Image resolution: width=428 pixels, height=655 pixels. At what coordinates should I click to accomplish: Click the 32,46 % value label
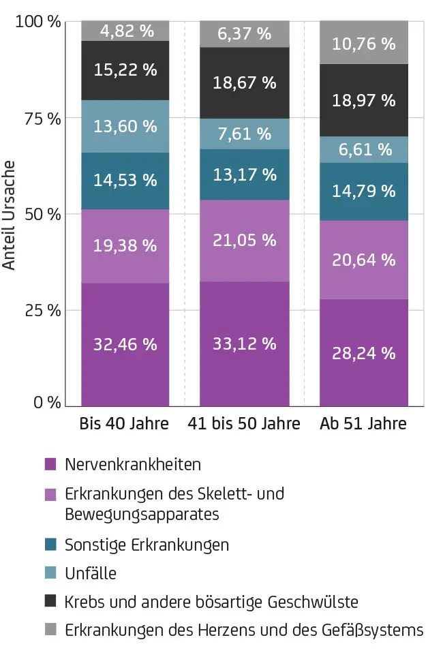[x=125, y=344]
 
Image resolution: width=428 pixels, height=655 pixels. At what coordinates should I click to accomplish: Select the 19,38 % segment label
[x=125, y=245]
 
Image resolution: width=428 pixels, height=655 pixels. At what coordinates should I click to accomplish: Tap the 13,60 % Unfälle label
[x=125, y=127]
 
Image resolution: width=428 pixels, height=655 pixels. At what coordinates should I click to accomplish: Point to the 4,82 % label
[x=125, y=31]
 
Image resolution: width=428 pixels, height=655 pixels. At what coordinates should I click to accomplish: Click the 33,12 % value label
[x=245, y=344]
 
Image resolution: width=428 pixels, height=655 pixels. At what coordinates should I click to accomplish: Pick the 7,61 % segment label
[x=245, y=134]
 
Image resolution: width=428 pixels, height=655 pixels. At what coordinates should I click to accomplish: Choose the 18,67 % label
[x=245, y=83]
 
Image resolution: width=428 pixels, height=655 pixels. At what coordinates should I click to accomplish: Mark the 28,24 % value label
[x=364, y=353]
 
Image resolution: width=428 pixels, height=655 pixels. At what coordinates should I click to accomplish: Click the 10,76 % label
[x=364, y=44]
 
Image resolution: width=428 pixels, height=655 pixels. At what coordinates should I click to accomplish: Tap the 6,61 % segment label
[x=364, y=149]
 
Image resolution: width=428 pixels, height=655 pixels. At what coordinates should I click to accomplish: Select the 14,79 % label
[x=364, y=191]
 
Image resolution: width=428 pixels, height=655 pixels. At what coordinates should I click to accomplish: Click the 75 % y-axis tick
[x=43, y=119]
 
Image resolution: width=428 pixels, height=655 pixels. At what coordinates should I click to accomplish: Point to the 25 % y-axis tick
[x=43, y=310]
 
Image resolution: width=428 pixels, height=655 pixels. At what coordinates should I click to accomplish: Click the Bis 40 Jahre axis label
[x=124, y=424]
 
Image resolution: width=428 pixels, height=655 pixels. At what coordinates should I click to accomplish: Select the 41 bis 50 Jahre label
[x=244, y=424]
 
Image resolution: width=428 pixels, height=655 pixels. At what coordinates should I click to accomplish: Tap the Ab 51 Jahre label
[x=363, y=424]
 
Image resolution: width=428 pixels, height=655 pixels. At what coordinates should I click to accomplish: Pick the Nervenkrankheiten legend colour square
[x=50, y=465]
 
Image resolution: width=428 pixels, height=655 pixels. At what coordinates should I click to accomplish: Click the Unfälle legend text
[x=91, y=574]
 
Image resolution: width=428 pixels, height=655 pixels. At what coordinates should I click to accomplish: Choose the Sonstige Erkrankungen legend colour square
[x=50, y=545]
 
